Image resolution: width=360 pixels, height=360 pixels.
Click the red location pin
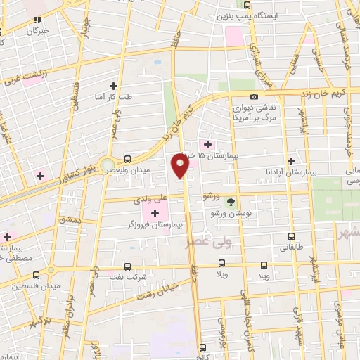[x=181, y=166]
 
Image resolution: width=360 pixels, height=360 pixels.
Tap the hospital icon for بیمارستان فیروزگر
[x=155, y=213]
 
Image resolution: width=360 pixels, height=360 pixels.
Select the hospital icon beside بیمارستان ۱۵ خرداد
[x=207, y=144]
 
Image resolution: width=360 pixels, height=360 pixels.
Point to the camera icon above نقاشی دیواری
[x=253, y=96]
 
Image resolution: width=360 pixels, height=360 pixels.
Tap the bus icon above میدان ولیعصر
[x=127, y=159]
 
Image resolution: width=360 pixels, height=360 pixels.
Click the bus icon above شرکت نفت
[x=127, y=266]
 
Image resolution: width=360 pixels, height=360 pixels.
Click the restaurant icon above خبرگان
[x=37, y=20]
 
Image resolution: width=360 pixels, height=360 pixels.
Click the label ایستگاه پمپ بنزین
[x=224, y=15]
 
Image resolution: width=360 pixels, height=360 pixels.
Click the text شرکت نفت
[x=132, y=278]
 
